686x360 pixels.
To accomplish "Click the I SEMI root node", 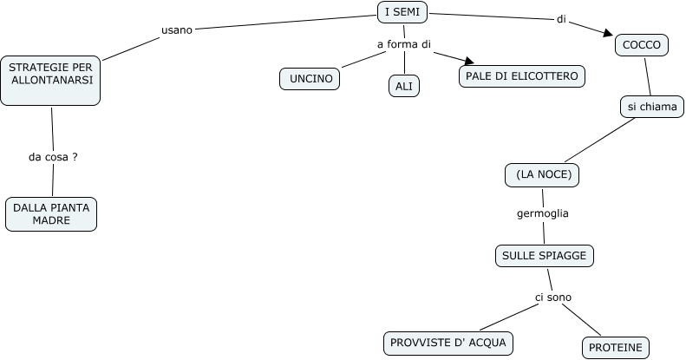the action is (403, 11).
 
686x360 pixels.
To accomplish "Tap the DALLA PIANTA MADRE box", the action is (50, 213).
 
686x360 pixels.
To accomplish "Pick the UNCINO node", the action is (310, 78).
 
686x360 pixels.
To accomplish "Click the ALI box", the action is (403, 86).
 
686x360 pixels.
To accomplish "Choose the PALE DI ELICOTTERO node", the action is (522, 76).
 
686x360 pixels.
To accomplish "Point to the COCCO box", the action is (642, 45).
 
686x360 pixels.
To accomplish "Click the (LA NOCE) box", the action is (542, 174).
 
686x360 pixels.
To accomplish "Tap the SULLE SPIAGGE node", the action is (545, 255).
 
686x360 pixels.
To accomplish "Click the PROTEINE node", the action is (616, 348).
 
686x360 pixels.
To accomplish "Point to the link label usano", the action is (177, 29).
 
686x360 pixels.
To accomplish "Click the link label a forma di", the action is (403, 44).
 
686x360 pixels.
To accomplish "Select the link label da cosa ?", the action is (53, 157).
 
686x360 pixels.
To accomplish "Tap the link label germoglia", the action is (542, 213).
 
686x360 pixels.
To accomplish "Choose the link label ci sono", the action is (552, 298).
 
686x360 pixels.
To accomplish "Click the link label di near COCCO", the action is (560, 19).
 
